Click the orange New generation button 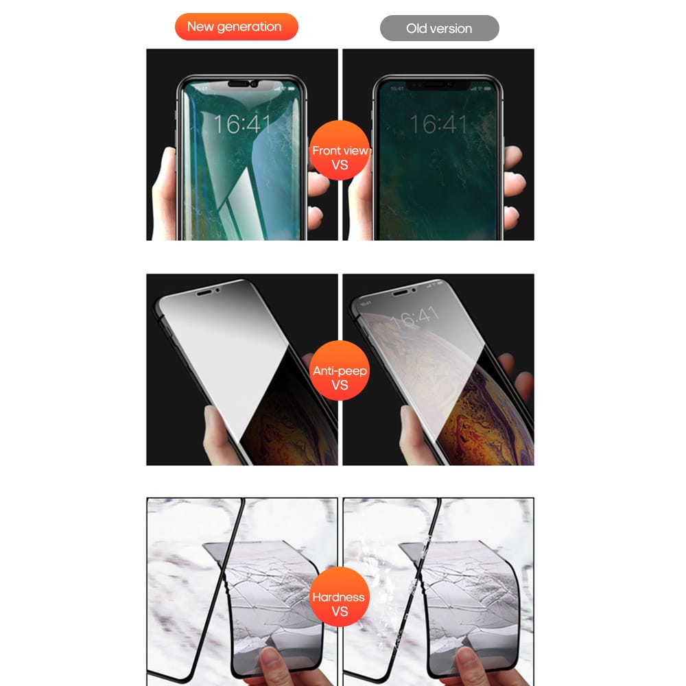235,27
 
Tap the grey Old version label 439,28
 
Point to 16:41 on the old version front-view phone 438,124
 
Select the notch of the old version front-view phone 438,85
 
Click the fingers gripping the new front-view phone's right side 316,199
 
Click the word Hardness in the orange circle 339,597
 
